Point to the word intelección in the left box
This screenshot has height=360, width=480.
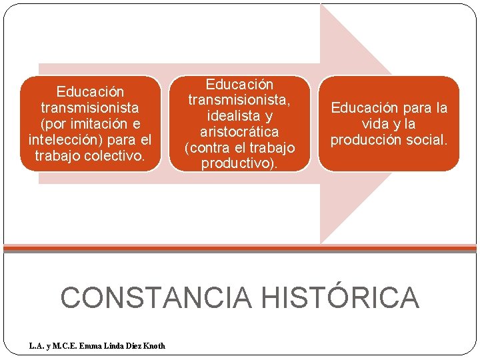pyautogui.click(x=63, y=140)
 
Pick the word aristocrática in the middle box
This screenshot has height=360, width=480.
pyautogui.click(x=239, y=132)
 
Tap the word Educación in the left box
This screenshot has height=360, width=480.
pyautogui.click(x=90, y=91)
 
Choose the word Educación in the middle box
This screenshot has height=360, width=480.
pyautogui.click(x=239, y=85)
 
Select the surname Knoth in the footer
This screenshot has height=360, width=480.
pyautogui.click(x=153, y=345)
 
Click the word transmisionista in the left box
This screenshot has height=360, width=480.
pyautogui.click(x=90, y=107)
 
